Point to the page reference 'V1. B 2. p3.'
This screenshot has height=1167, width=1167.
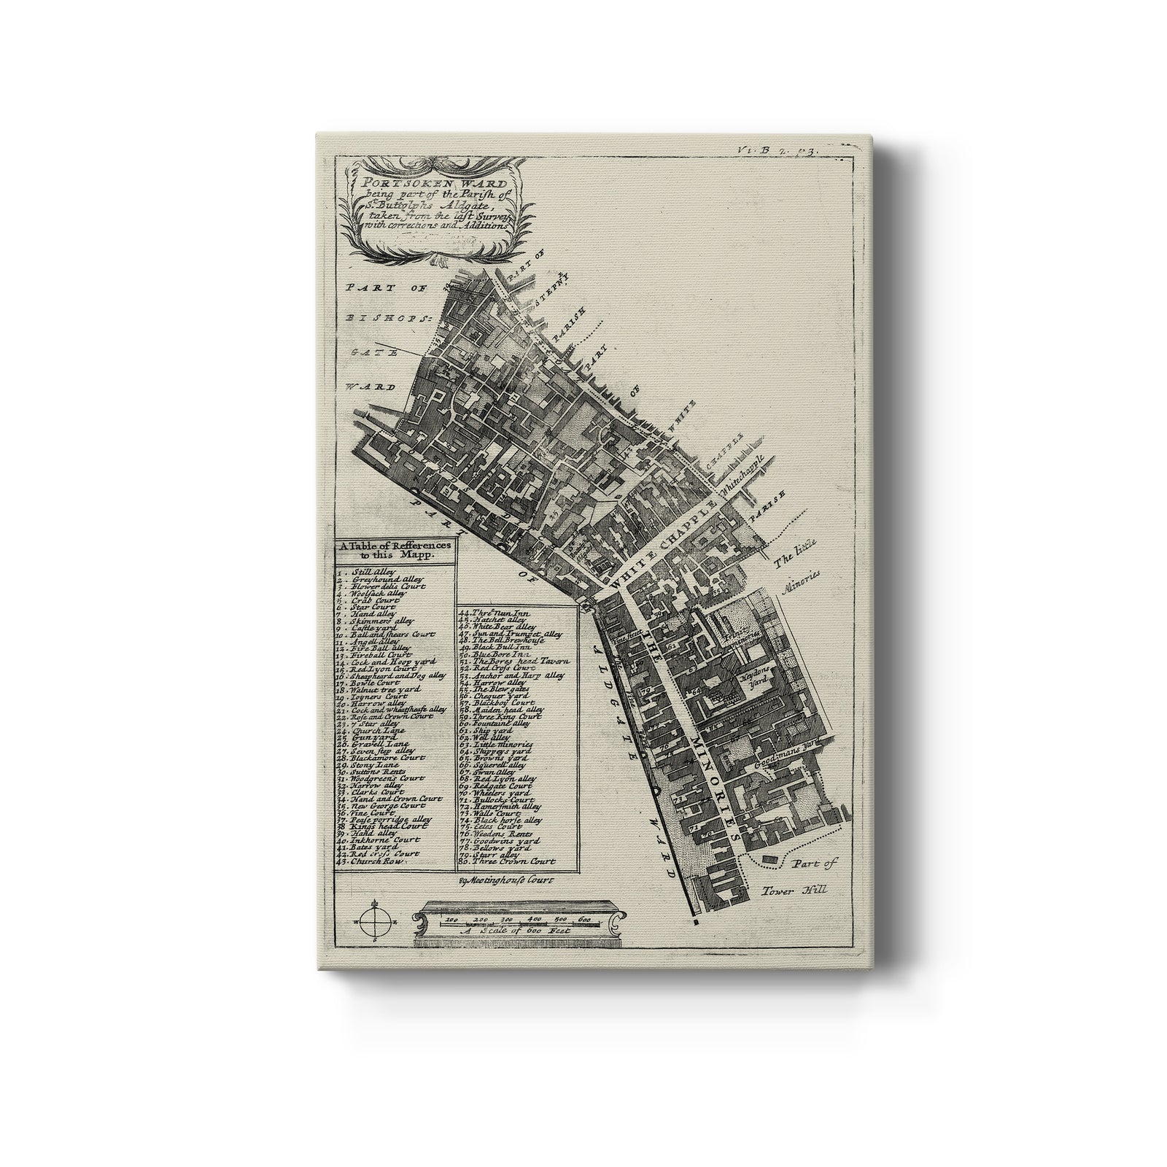click(778, 150)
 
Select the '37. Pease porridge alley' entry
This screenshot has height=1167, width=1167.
click(391, 821)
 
